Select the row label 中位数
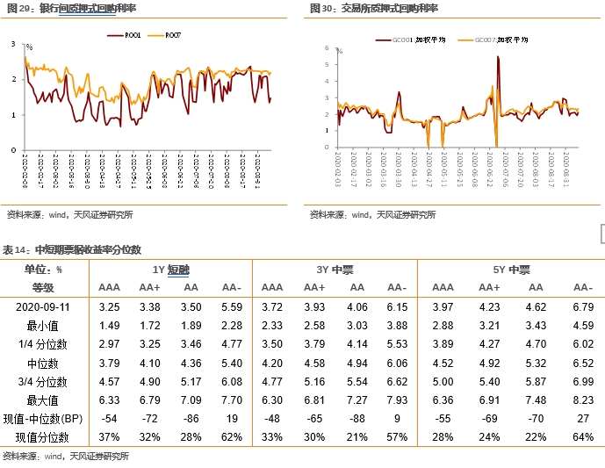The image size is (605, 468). pyautogui.click(x=43, y=363)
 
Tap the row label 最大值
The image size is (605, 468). pyautogui.click(x=43, y=400)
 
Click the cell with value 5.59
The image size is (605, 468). pyautogui.click(x=231, y=306)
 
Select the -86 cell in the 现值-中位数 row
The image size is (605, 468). pyautogui.click(x=191, y=419)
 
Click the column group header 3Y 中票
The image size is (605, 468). pyautogui.click(x=336, y=270)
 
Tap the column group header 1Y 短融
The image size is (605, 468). pyautogui.click(x=170, y=270)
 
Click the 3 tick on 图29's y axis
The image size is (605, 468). pyautogui.click(x=13, y=43)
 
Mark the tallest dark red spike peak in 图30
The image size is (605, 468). pyautogui.click(x=498, y=57)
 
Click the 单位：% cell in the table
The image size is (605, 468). pyautogui.click(x=43, y=270)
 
